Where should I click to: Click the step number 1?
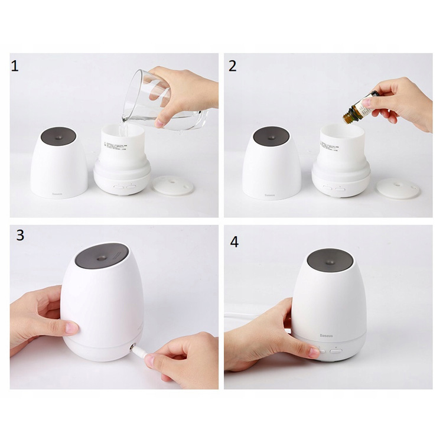[15, 66]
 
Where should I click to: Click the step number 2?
[232, 66]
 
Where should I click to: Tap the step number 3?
[20, 235]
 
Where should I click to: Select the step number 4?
[234, 242]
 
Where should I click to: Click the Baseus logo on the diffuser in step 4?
[326, 335]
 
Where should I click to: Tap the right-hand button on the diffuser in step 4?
[336, 350]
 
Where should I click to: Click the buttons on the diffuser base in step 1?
[125, 186]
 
